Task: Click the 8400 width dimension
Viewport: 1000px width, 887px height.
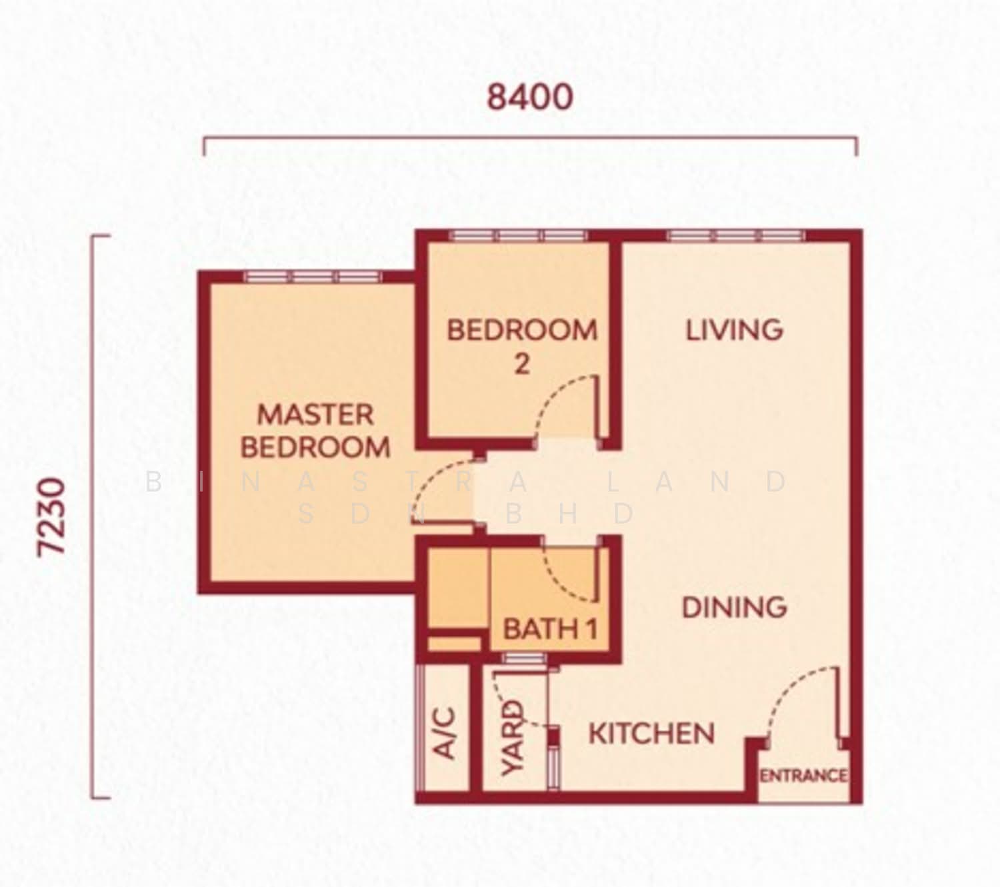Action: [x=530, y=97]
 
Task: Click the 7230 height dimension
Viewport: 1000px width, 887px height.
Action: [x=51, y=517]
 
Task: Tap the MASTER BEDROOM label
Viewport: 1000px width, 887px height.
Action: [x=315, y=431]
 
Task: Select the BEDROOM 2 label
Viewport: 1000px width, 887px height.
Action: [x=522, y=347]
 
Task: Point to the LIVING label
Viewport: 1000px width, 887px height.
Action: [x=735, y=330]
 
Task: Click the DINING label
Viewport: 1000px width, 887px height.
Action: [x=735, y=607]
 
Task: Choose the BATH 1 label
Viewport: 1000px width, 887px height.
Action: [x=551, y=629]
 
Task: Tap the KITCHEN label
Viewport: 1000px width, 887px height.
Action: [x=651, y=734]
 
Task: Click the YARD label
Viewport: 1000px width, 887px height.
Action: [x=511, y=738]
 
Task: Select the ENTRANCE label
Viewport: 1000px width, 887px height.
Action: [x=803, y=776]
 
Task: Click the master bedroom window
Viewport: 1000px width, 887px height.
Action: [x=313, y=277]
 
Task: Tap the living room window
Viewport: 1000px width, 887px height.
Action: [x=735, y=235]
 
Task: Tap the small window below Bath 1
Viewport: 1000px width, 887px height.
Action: [x=524, y=658]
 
